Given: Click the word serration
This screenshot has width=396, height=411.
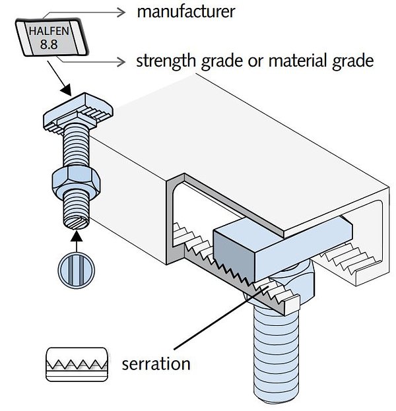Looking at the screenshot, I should [156, 364].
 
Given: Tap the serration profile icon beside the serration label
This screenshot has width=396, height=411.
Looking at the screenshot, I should [76, 364].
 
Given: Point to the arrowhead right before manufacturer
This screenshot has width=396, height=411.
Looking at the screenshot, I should [120, 11].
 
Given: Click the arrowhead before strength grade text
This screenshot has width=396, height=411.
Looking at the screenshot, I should [120, 62].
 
